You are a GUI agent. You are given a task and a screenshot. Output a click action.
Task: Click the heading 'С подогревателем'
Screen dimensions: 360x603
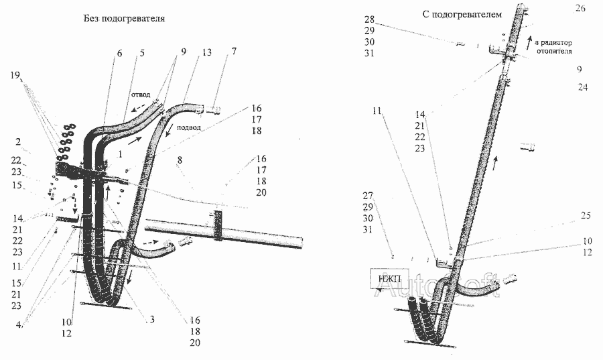tap(462, 14)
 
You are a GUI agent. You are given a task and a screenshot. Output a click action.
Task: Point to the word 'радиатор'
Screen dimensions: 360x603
tap(557, 42)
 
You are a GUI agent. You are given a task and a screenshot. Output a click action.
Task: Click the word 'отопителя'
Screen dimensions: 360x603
tap(553, 52)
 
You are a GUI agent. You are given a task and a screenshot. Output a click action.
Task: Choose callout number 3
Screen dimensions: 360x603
tap(152, 320)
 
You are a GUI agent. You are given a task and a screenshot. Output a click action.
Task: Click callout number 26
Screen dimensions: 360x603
tap(580, 8)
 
